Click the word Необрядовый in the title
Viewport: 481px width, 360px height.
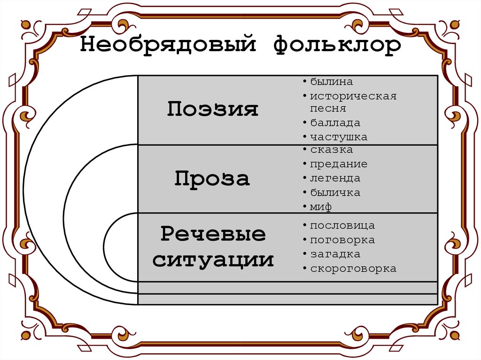tap(168, 46)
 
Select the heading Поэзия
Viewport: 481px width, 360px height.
tap(213, 109)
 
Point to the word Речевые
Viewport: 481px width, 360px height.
tap(213, 234)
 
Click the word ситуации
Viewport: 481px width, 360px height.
tap(213, 260)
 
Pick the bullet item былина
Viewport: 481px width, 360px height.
tap(331, 82)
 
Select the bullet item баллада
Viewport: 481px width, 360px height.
tap(335, 123)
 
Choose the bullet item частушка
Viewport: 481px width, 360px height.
tap(338, 137)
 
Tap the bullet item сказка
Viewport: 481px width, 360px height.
tap(331, 150)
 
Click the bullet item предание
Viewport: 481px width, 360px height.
tap(338, 164)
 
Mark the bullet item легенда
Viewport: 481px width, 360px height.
tap(335, 178)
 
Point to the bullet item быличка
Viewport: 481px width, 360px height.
tap(335, 192)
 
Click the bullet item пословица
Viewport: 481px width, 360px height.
tap(342, 226)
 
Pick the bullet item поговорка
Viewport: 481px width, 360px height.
tap(342, 240)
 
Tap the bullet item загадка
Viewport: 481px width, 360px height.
tap(335, 254)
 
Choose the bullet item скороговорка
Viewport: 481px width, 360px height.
tap(353, 269)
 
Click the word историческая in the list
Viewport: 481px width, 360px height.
tap(353, 96)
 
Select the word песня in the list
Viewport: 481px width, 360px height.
tap(327, 108)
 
